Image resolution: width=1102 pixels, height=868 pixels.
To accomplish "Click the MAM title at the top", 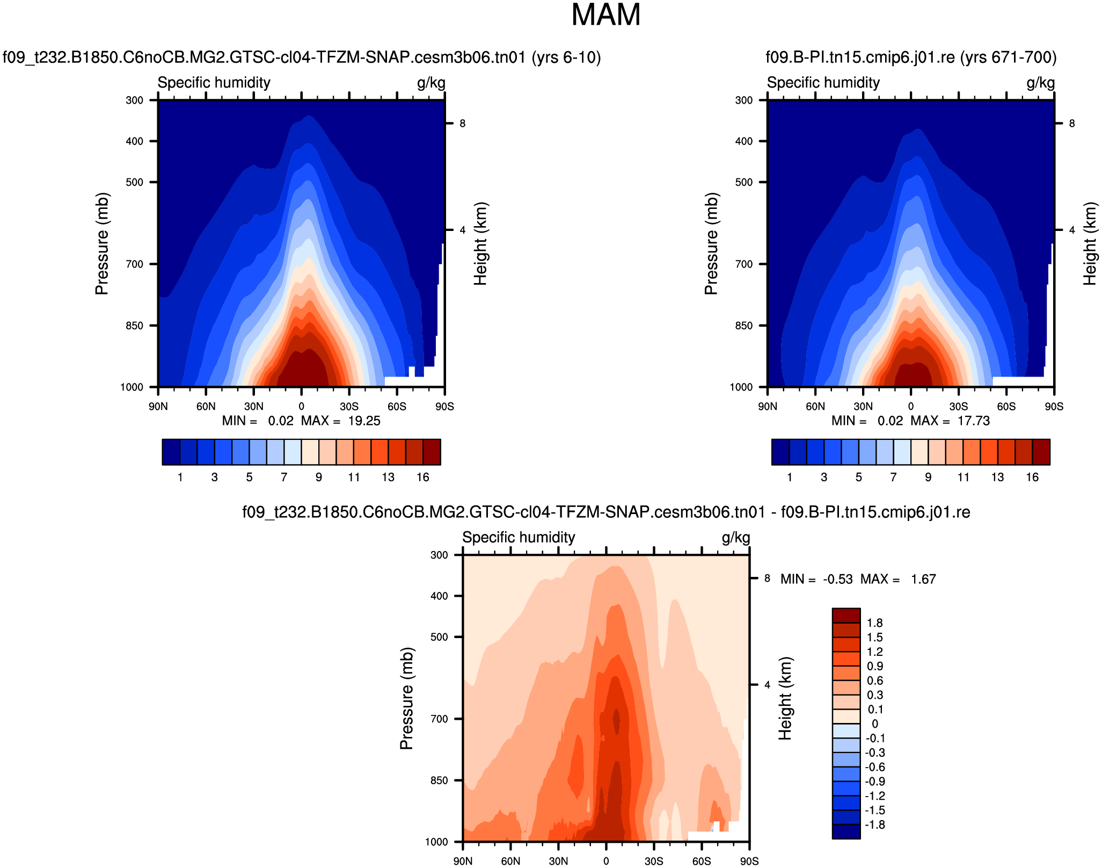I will click(x=605, y=15).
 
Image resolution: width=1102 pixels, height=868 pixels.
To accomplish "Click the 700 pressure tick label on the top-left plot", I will click(x=134, y=264).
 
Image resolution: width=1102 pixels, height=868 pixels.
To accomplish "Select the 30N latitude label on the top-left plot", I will click(x=253, y=407).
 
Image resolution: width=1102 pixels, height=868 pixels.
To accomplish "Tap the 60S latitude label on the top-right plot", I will click(x=1006, y=407).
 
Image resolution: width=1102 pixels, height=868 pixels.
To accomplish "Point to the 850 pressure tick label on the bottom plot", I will click(x=439, y=780).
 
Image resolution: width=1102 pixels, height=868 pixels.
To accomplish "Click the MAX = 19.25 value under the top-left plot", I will click(x=341, y=421).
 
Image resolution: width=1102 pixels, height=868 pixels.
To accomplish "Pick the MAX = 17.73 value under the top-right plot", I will click(x=950, y=421).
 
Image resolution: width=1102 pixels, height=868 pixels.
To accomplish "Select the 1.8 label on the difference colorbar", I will click(x=874, y=623).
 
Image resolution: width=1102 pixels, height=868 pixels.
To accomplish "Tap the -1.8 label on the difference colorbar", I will click(x=875, y=825).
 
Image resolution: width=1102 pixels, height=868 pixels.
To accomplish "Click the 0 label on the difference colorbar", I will click(x=874, y=724).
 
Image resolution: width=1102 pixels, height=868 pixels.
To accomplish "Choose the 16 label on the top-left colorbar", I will click(x=423, y=478).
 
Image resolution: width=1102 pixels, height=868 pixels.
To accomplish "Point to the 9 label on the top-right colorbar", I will click(x=928, y=478).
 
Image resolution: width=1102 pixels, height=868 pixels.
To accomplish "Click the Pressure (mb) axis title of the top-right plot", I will click(x=711, y=244).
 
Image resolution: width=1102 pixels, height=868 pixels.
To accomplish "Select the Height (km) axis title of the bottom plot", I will click(x=785, y=698).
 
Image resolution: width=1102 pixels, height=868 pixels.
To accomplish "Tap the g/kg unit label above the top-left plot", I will click(x=431, y=83).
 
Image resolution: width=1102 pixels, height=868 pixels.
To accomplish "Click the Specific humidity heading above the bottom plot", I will click(x=519, y=538).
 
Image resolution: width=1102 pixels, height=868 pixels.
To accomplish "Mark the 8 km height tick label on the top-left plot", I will click(x=462, y=124).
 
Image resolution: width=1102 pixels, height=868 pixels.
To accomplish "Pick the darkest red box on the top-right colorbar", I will click(x=1041, y=452).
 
